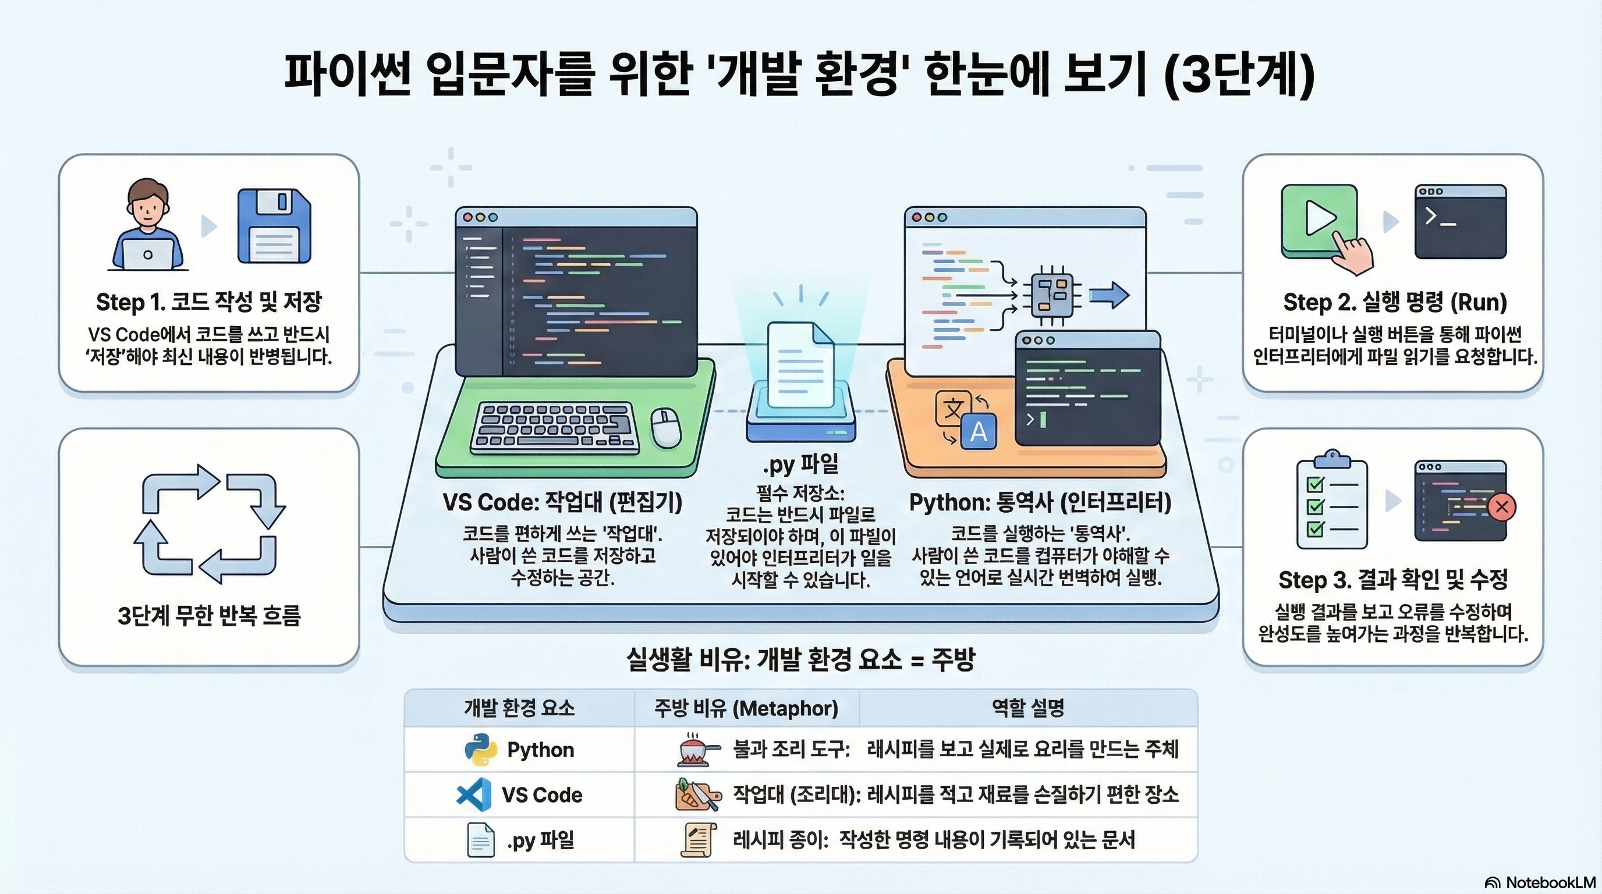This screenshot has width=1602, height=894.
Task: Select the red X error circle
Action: pyautogui.click(x=1501, y=507)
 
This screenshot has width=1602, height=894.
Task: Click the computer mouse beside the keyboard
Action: pyautogui.click(x=665, y=428)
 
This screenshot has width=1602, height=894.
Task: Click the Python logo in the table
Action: pyautogui.click(x=481, y=749)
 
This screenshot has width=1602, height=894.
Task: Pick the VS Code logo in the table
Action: pyautogui.click(x=473, y=794)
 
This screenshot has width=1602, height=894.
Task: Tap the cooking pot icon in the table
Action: pyautogui.click(x=697, y=750)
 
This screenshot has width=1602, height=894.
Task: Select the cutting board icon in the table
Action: pyautogui.click(x=697, y=795)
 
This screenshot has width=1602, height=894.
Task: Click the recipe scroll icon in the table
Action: pyautogui.click(x=697, y=840)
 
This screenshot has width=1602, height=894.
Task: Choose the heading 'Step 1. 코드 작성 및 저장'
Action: pyautogui.click(x=209, y=302)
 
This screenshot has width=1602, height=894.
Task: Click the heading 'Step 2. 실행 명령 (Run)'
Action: pyautogui.click(x=1395, y=303)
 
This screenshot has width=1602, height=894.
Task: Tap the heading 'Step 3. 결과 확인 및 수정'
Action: pyautogui.click(x=1393, y=580)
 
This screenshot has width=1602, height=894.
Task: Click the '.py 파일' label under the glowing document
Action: pyautogui.click(x=800, y=464)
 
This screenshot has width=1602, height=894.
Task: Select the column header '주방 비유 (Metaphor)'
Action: pyautogui.click(x=746, y=708)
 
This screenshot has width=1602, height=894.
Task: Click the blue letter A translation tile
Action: pyautogui.click(x=978, y=431)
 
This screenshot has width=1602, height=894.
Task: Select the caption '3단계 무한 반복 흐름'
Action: pyautogui.click(x=209, y=615)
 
